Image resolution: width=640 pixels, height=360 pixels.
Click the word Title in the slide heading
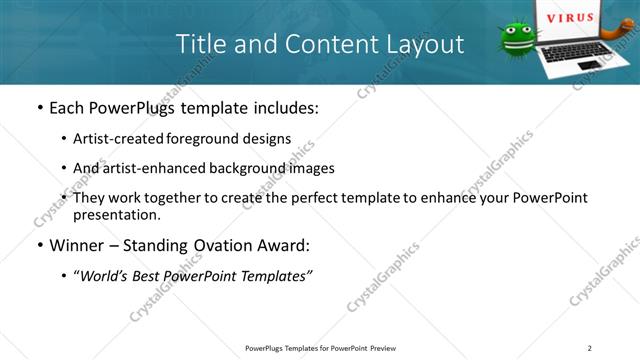click(200, 44)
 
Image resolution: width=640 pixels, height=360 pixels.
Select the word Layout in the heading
click(427, 44)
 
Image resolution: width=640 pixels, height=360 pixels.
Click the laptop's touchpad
click(589, 65)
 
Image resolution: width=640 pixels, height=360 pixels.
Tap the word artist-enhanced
click(148, 168)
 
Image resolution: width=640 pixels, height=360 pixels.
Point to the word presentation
click(116, 215)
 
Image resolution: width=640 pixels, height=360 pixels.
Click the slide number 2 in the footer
click(590, 348)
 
